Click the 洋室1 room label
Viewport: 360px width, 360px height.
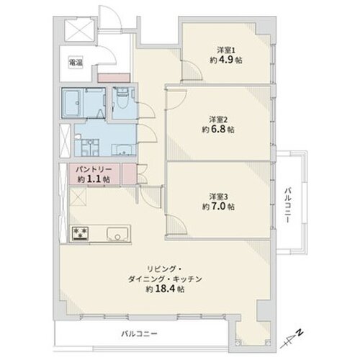click(x=226, y=50)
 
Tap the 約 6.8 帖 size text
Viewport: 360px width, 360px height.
click(x=218, y=130)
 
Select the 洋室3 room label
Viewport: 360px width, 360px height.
click(x=218, y=197)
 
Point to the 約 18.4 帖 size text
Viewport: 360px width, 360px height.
click(x=165, y=289)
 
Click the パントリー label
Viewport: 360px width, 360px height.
click(x=94, y=170)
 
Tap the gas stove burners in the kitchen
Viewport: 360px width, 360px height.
click(x=80, y=233)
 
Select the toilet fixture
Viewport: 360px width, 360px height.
click(x=123, y=99)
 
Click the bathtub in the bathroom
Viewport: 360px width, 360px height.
click(x=73, y=103)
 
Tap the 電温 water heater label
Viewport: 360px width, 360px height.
click(x=76, y=63)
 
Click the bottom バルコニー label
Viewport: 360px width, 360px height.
click(x=139, y=334)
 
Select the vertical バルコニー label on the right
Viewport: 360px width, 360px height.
click(x=288, y=206)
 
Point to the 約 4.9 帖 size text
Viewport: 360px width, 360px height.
click(x=226, y=60)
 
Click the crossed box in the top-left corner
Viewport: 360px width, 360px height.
click(x=79, y=30)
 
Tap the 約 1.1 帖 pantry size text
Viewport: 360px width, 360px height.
click(x=94, y=179)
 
